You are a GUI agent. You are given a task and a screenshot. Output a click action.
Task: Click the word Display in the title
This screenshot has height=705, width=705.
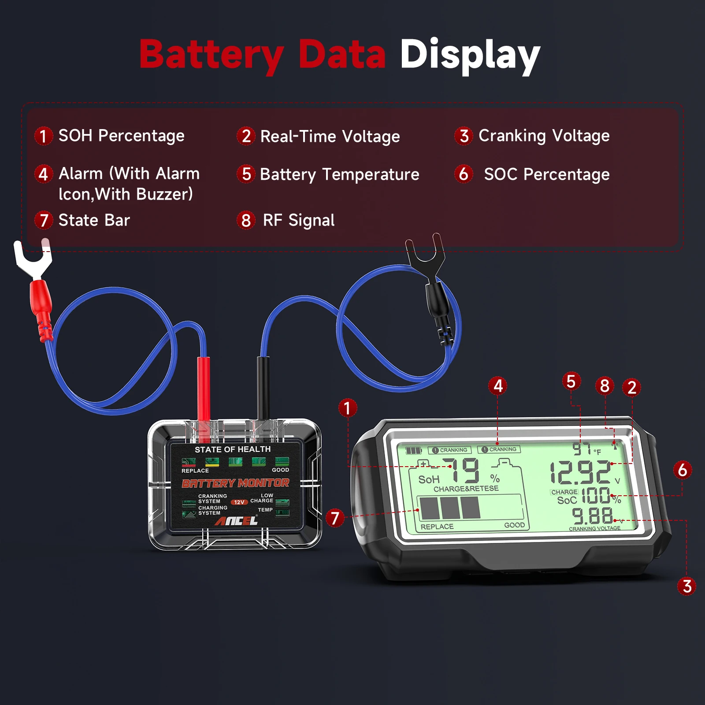pos(470,55)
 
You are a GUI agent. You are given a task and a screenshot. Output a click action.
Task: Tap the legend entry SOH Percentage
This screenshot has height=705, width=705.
pos(121,136)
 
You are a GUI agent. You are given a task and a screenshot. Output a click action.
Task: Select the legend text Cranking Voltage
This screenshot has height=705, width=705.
pos(544,136)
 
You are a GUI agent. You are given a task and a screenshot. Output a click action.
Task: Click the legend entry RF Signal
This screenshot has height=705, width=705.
pos(298,220)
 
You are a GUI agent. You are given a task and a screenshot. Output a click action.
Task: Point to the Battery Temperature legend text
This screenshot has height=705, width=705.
pos(339,174)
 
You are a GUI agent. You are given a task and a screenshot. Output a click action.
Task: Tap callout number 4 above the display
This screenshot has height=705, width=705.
pos(497,386)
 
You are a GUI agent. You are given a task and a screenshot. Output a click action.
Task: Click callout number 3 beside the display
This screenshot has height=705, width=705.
pos(686,586)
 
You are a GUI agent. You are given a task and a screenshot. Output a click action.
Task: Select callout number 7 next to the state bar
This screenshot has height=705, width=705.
pos(335,518)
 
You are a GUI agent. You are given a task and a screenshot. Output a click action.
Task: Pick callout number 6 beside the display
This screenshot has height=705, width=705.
pos(682,470)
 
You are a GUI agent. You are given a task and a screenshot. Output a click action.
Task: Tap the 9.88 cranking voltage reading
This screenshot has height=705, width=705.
pos(592,515)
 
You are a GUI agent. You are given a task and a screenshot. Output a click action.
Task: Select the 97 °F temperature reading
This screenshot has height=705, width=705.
pos(583,449)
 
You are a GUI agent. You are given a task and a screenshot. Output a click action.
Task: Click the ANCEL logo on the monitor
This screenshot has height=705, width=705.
pos(236,521)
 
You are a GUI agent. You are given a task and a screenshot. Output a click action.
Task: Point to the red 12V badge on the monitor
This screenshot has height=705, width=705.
pos(239,502)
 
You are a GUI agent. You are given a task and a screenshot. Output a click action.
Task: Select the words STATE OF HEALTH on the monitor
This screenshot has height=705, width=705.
pos(233,449)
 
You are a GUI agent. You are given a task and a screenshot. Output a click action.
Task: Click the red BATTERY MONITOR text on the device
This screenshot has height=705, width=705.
pos(236,483)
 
